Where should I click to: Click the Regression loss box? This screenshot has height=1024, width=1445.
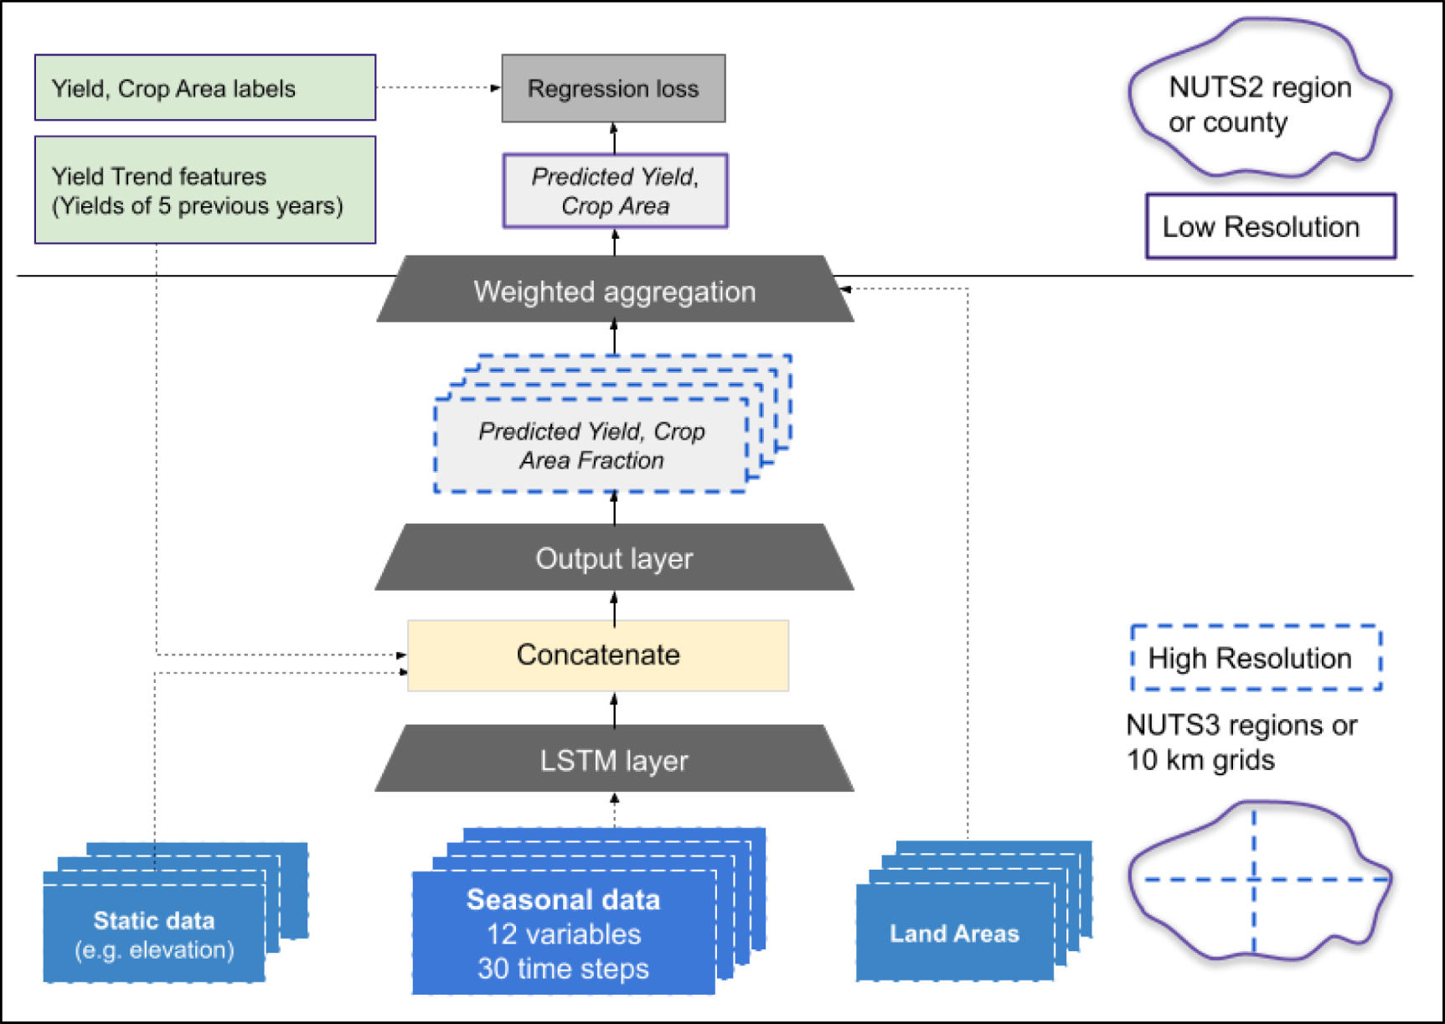point(613,89)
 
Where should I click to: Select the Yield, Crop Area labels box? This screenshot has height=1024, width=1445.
point(204,88)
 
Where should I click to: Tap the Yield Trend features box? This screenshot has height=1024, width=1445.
point(204,190)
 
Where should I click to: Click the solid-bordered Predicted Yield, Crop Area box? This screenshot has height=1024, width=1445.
point(615,191)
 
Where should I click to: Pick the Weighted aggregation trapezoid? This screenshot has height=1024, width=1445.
point(615,291)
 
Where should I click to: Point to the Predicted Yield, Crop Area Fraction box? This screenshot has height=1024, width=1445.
point(591,446)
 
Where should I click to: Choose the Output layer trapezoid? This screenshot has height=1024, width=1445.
point(615,558)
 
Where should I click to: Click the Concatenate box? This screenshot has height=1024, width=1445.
point(597,655)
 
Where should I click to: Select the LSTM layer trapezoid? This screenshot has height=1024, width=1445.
point(615,760)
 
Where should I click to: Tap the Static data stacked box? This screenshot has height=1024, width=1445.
point(154,934)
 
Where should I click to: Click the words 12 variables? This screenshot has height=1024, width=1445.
point(564,934)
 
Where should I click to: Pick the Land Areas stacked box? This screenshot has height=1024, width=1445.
point(954,933)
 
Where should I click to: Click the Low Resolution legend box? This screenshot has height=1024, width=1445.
point(1270,227)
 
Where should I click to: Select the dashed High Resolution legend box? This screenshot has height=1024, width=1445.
point(1255,659)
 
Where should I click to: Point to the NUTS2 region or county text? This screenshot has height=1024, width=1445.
point(1259,105)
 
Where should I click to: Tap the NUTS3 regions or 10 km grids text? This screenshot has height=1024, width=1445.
point(1241,742)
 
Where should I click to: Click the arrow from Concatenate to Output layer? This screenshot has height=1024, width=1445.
point(615,607)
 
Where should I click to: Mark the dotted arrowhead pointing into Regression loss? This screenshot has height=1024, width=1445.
point(495,87)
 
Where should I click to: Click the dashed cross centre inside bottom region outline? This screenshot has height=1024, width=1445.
point(1254,879)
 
